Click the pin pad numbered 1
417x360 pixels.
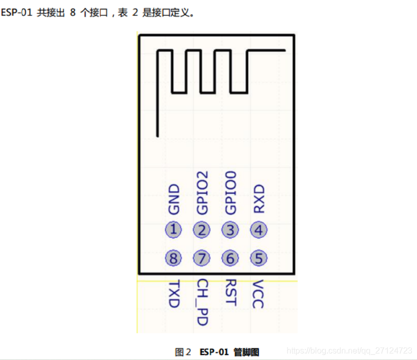click(174, 230)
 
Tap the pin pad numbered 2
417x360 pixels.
click(202, 230)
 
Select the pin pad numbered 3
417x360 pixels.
click(230, 230)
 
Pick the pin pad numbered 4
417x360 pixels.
click(259, 230)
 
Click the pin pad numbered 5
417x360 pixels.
click(259, 258)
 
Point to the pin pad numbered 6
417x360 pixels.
click(230, 258)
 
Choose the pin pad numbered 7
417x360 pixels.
click(202, 258)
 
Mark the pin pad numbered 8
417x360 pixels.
click(174, 258)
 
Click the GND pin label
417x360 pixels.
click(174, 200)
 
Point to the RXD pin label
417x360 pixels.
click(259, 199)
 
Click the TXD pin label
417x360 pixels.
click(174, 294)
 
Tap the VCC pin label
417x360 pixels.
click(259, 294)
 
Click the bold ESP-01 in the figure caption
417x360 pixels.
click(213, 352)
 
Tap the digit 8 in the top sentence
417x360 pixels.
click(73, 13)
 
